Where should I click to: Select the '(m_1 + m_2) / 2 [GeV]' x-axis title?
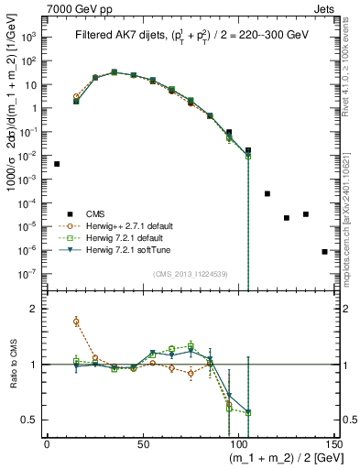(x=282, y=457)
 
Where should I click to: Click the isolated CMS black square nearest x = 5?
(x=57, y=164)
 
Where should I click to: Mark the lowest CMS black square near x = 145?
(x=325, y=251)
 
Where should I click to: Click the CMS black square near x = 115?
(x=267, y=193)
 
